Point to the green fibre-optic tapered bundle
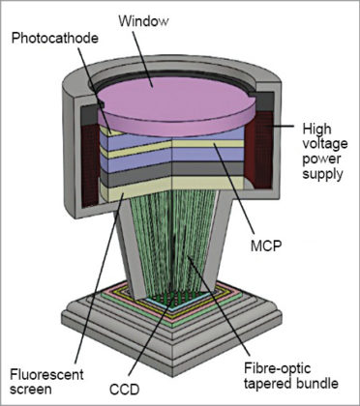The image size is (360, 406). coord(174,251)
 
